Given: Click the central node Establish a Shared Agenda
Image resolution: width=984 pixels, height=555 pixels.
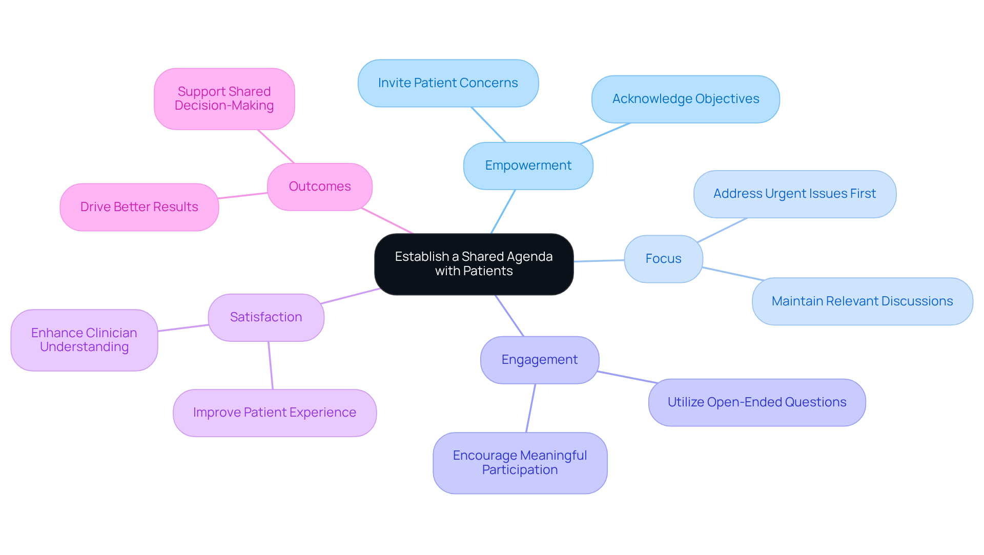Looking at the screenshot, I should click(x=474, y=264).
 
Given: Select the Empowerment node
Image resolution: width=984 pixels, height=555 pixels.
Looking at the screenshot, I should click(x=528, y=166).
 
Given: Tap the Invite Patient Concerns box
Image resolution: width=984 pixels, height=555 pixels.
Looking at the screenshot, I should click(x=448, y=83).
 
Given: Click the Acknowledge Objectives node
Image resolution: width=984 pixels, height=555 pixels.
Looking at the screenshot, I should click(x=685, y=99).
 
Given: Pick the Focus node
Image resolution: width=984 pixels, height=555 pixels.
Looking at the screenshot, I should click(x=663, y=259).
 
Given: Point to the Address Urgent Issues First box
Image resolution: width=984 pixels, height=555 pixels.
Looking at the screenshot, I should click(x=794, y=194).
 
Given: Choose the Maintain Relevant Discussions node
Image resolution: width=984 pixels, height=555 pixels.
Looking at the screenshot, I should click(x=862, y=301).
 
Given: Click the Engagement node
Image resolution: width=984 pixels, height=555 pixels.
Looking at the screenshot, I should click(x=539, y=360).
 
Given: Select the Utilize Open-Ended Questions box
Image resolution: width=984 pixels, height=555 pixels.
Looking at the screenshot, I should click(x=756, y=402).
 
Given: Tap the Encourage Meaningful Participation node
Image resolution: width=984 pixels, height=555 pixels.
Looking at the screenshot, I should click(x=520, y=463).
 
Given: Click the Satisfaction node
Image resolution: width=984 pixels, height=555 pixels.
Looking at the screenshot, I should click(x=265, y=317).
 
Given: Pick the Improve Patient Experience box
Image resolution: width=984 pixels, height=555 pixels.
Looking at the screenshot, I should click(x=274, y=413).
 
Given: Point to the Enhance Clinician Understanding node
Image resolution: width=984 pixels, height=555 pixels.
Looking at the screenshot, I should click(x=84, y=340).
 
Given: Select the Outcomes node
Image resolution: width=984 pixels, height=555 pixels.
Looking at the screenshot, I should click(x=319, y=187).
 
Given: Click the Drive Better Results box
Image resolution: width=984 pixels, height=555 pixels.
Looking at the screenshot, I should click(x=139, y=207).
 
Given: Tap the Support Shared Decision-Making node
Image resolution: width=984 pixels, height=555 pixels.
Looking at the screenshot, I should click(x=224, y=98).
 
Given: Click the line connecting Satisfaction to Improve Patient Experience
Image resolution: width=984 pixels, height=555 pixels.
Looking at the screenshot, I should click(x=271, y=365).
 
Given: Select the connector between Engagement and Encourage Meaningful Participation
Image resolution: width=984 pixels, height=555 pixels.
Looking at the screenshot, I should click(x=531, y=408).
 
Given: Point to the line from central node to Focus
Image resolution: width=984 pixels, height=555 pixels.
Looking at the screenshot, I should click(x=599, y=261).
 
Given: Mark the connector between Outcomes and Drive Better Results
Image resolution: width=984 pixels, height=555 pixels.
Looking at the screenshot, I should click(x=243, y=195).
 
